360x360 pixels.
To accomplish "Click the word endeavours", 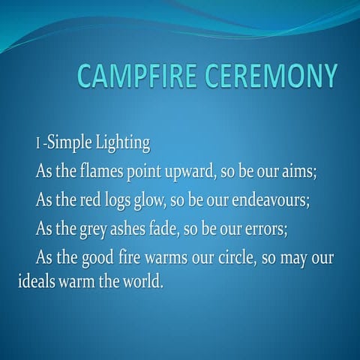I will [x=282, y=199].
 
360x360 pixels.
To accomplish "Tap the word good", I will [x=100, y=257].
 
